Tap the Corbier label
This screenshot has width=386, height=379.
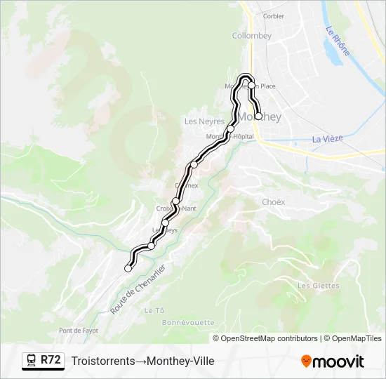[x=273, y=15]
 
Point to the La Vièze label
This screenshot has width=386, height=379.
[x=327, y=138]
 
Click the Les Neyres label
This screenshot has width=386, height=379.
[x=204, y=121]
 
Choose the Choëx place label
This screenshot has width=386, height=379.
[x=274, y=201]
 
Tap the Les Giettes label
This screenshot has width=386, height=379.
[x=318, y=286]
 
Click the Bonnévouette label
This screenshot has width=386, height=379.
[x=188, y=322]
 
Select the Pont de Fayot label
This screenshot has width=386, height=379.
[x=79, y=331]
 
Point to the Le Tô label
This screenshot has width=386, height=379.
[x=154, y=310]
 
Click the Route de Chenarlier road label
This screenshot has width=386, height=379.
[x=140, y=289]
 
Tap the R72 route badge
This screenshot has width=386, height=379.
[x=51, y=361]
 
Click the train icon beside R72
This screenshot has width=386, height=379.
[x=32, y=361]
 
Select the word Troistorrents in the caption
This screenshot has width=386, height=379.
[x=102, y=361]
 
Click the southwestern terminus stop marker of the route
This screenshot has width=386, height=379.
[x=128, y=268]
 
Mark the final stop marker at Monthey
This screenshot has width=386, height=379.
[x=258, y=117]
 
